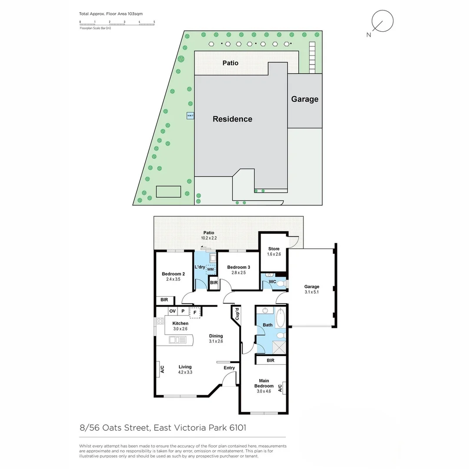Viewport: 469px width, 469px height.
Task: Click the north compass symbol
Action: tap(383, 21)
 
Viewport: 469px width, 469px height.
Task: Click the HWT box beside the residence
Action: tap(190, 116)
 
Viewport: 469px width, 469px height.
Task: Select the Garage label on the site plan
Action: tap(304, 99)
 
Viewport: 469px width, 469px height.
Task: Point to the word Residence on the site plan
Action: tap(232, 119)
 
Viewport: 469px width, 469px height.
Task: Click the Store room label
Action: tap(274, 249)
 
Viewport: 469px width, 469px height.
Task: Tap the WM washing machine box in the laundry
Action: tap(211, 270)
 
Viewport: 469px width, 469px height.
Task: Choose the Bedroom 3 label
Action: tap(239, 267)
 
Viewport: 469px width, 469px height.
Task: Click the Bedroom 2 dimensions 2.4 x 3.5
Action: tap(173, 279)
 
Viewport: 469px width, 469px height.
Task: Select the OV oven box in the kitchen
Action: tap(172, 311)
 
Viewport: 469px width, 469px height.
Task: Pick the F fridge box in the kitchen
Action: tap(195, 312)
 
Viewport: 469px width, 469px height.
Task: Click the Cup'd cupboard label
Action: tap(237, 314)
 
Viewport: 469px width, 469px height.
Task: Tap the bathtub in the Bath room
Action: tap(280, 319)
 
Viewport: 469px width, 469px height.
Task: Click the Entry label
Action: tap(229, 368)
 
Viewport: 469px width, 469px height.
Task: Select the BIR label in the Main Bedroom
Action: tap(271, 360)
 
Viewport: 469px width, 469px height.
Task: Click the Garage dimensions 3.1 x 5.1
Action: tap(311, 292)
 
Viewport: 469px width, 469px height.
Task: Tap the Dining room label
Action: tap(216, 336)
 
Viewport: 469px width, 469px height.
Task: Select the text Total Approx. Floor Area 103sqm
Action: tap(111, 14)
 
